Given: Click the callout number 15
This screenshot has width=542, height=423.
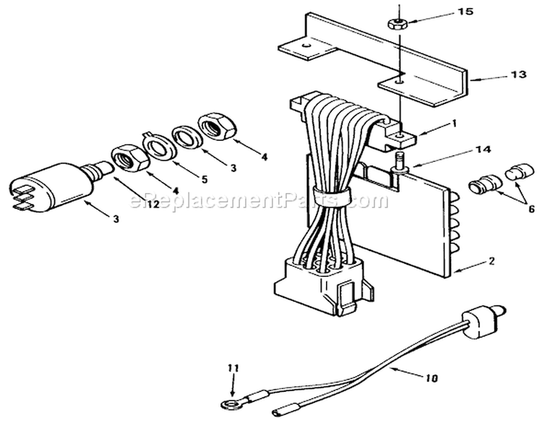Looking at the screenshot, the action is point(465,12).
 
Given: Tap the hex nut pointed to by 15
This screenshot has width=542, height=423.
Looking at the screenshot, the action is point(397,24).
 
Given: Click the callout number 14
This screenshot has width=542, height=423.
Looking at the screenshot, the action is point(483,150).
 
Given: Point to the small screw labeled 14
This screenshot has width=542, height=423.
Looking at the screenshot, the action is point(400,162).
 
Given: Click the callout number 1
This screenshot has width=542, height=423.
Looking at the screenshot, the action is point(455,124).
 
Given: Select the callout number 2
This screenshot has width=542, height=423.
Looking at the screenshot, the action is point(492,261).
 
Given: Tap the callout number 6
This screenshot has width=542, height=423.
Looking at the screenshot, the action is point(532,209).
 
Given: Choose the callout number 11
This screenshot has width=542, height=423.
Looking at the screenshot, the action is point(233,369).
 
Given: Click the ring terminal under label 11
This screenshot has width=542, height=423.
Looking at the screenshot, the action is point(228,403).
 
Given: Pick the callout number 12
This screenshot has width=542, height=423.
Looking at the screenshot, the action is point(152,205).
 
